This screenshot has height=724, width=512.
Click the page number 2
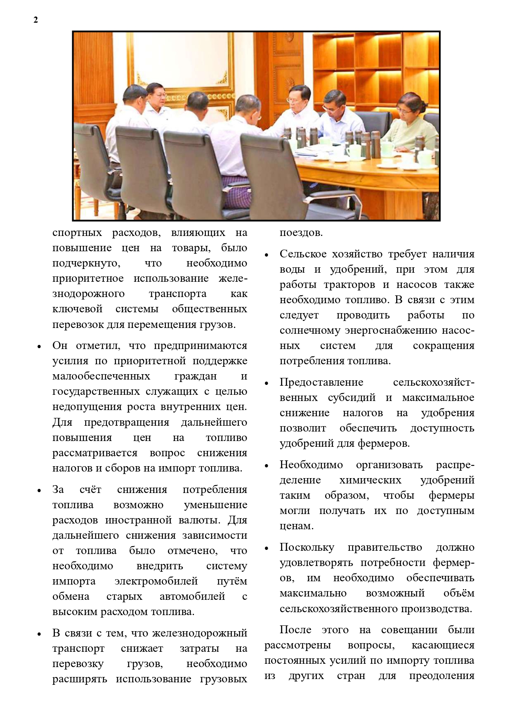(x=35, y=20)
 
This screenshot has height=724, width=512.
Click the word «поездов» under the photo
(x=300, y=233)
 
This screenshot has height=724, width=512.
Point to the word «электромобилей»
(x=156, y=581)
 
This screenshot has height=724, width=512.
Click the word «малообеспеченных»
(x=101, y=376)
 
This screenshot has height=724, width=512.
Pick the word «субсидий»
(x=352, y=398)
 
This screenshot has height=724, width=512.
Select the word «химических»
(x=370, y=480)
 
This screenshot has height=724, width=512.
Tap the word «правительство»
(x=385, y=547)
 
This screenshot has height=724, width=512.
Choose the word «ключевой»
(x=77, y=309)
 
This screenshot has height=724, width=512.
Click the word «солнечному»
(x=310, y=330)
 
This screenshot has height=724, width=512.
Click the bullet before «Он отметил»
(x=39, y=347)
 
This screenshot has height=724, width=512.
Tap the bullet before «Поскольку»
(x=267, y=549)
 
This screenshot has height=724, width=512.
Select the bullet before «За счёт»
(x=39, y=491)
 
